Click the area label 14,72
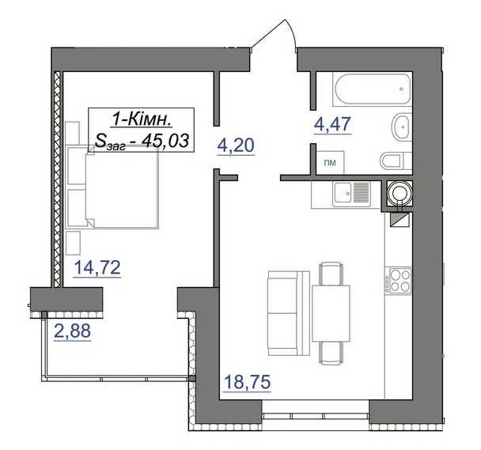(97, 267)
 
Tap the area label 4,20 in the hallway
(236, 146)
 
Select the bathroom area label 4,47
(332, 124)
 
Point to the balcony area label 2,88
(73, 331)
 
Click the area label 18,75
(248, 382)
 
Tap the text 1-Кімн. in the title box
(142, 119)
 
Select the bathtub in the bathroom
(373, 89)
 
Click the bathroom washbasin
(400, 127)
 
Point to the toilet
(396, 161)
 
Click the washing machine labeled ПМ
(330, 163)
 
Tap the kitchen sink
(352, 194)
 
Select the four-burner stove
(398, 282)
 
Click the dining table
(331, 313)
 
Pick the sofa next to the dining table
(289, 313)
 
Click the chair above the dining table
(331, 274)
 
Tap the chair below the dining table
(331, 353)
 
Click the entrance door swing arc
(293, 32)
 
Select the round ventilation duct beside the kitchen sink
(399, 192)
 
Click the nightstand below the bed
(73, 243)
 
